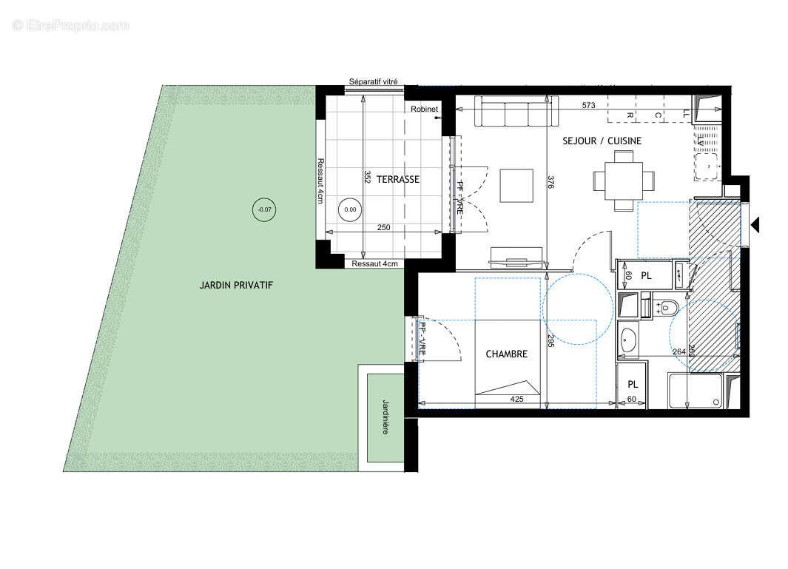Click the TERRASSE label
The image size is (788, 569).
tap(397, 179)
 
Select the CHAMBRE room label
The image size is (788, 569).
tap(506, 354)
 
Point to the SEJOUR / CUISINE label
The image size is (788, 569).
tap(602, 141)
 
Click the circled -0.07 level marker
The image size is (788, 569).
tap(263, 209)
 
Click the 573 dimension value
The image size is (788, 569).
tap(588, 106)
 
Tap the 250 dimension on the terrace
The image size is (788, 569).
tap(383, 228)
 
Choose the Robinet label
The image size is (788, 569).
tap(425, 110)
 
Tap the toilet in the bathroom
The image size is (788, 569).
tap(668, 306)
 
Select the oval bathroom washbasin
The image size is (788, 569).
tap(629, 339)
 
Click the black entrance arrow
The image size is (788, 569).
tap(755, 224)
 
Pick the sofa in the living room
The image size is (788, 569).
tap(514, 112)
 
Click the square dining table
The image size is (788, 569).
tap(623, 180)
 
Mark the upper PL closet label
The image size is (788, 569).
tap(646, 276)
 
